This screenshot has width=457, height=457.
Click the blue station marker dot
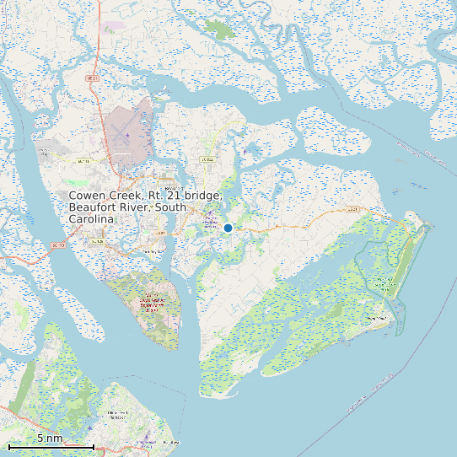[x=228, y=228]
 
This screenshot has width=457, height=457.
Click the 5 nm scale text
[x=50, y=438]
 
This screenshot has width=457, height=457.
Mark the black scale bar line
[x=51, y=446]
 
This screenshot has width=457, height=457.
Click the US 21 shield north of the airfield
[x=93, y=78]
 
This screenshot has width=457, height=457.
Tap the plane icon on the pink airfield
[x=127, y=135]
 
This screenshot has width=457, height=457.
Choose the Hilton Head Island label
[x=117, y=414]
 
